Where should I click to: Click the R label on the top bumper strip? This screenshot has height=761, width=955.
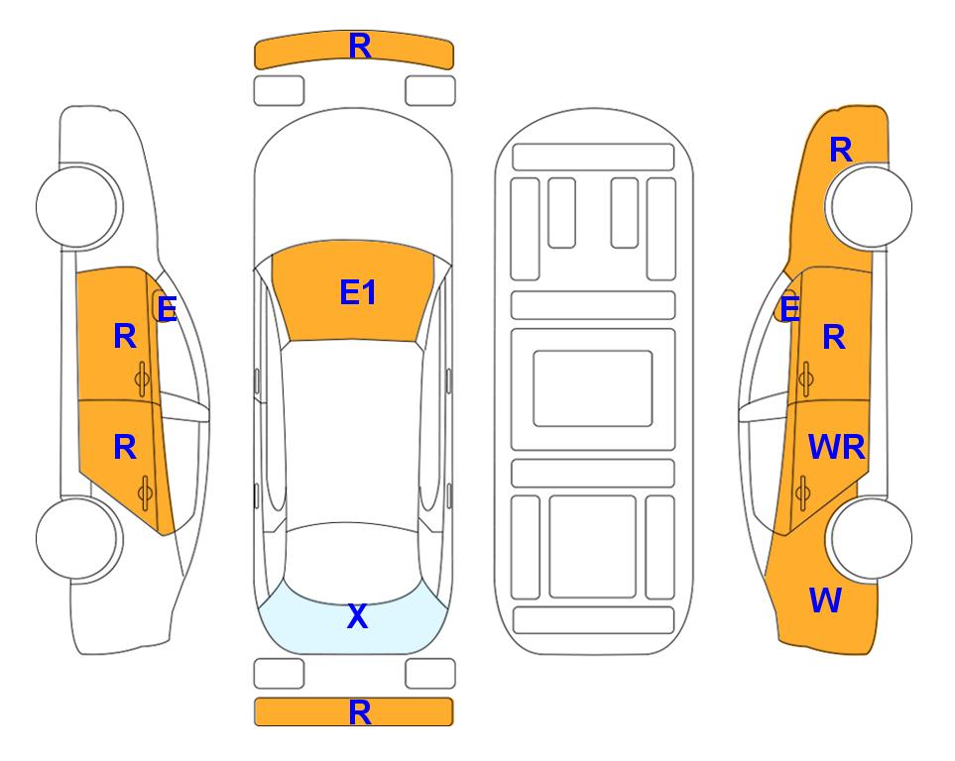point(360,47)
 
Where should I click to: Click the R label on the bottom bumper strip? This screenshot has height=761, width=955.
point(360,712)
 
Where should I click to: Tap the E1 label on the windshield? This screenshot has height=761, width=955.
point(358,292)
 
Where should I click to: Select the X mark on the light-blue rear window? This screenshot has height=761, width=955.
point(358,616)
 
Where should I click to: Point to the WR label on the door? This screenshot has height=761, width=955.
point(836,448)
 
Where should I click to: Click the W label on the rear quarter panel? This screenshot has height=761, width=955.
point(825,600)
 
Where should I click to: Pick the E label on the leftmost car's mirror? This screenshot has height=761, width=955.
point(167,309)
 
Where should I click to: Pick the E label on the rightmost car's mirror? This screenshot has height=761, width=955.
point(790,309)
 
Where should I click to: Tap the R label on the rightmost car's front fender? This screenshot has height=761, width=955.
point(841,150)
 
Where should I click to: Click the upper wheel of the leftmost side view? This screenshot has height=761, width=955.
point(77,206)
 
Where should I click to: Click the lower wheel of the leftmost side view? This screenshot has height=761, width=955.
point(77,538)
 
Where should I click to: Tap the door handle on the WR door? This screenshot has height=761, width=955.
point(803,492)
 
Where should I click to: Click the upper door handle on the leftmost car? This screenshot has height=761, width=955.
point(143,379)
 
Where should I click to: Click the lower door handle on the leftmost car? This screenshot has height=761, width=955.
point(145,492)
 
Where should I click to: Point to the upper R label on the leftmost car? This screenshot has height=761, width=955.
point(125,337)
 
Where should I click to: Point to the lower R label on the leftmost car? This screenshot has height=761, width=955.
point(125,448)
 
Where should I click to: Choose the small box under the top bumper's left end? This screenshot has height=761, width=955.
point(279,91)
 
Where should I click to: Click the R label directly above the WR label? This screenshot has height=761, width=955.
point(834,337)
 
